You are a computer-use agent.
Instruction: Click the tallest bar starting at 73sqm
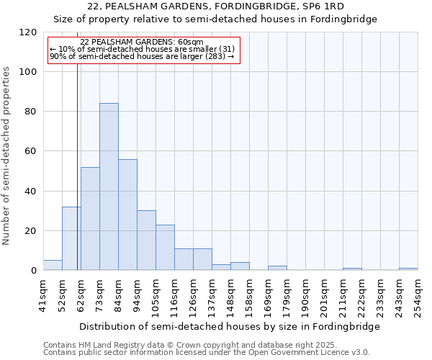[109, 187]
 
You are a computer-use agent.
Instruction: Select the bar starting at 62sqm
[90, 219]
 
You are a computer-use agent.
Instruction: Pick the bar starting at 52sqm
[71, 238]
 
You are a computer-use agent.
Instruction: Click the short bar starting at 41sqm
[53, 265]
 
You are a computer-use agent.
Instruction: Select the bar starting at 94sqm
[146, 240]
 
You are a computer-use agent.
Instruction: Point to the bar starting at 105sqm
[165, 248]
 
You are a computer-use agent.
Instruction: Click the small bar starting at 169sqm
[277, 268]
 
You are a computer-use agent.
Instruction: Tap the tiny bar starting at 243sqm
[408, 269]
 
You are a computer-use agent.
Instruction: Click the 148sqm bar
[240, 266]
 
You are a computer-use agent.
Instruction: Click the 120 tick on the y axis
[28, 32]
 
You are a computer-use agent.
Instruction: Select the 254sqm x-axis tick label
[418, 297]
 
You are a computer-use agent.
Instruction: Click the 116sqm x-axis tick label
[174, 297]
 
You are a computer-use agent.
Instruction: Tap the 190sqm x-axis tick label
[305, 297]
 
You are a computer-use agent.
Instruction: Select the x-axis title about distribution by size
[230, 326]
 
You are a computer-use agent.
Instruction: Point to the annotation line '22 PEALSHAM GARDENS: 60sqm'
[142, 42]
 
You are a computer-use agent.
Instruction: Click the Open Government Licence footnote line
[207, 353]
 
